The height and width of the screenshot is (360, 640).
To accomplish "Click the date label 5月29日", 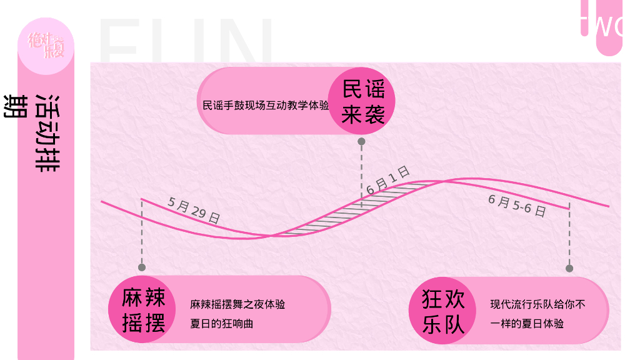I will coord(194,210).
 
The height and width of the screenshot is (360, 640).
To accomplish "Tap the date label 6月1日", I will coord(387,180).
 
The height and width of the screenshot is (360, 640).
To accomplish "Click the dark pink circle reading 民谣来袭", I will coord(362,101).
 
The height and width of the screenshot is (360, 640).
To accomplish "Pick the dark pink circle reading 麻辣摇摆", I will coord(143,310).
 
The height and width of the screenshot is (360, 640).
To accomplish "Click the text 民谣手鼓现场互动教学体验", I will coord(266,106).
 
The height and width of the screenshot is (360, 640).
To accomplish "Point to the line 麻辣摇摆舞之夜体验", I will coord(237,305).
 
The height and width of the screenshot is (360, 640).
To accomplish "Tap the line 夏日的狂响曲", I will coord(222,324).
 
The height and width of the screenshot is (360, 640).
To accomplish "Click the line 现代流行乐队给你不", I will coord(537,305).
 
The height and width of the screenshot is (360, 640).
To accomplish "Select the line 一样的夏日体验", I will coord(527,324).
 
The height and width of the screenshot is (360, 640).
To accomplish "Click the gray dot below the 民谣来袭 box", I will coord(361,142).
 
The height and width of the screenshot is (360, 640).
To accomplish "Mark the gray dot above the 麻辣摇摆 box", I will coord(142,267).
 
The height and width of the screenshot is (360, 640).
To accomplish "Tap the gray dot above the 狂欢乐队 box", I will coord(569,269).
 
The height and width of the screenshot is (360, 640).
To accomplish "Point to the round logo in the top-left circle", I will coord(46,46).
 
